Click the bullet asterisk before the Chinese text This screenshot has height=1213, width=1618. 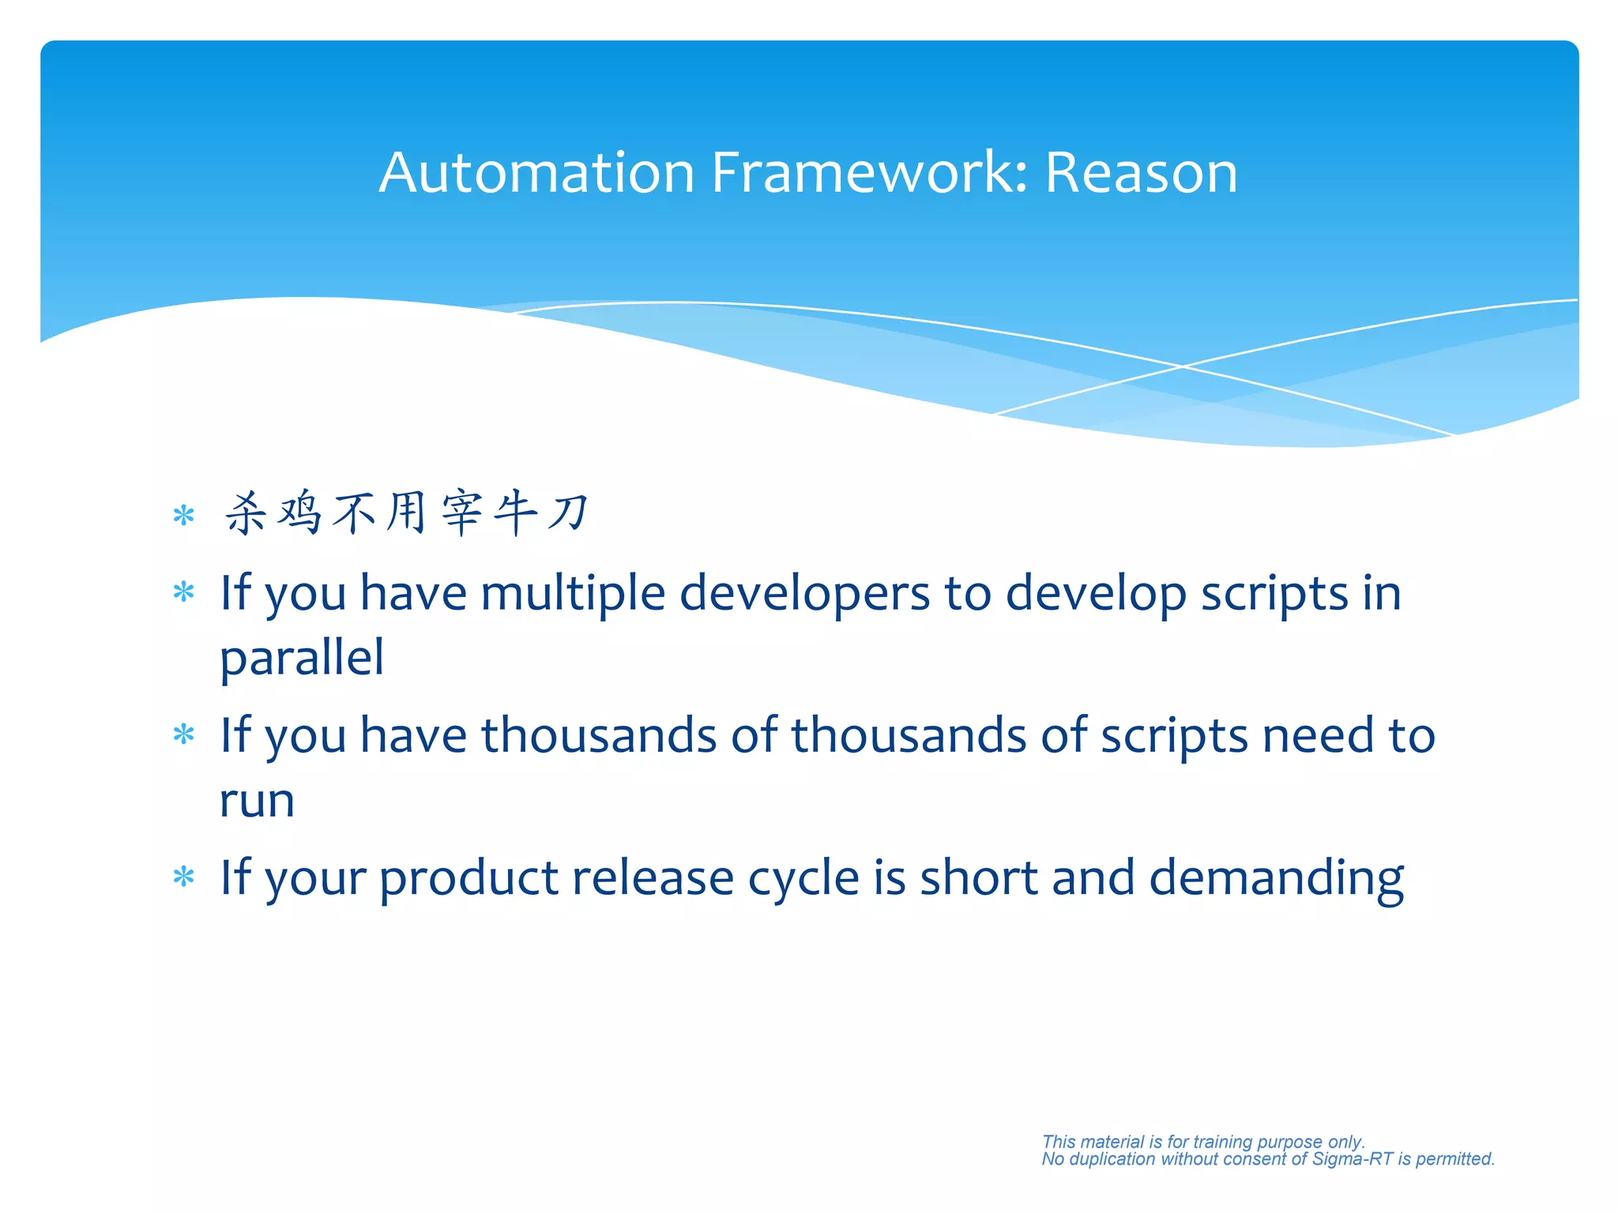(x=183, y=516)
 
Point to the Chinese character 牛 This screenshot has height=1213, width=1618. (x=515, y=513)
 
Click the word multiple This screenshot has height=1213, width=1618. (x=573, y=593)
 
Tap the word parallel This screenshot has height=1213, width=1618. (x=302, y=658)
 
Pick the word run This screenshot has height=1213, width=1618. (x=257, y=801)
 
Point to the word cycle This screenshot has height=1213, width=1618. (x=803, y=878)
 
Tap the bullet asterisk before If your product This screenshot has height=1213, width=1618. (x=183, y=877)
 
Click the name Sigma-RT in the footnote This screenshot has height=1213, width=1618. (x=1352, y=1159)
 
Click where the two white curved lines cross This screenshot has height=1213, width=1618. (x=1183, y=366)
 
